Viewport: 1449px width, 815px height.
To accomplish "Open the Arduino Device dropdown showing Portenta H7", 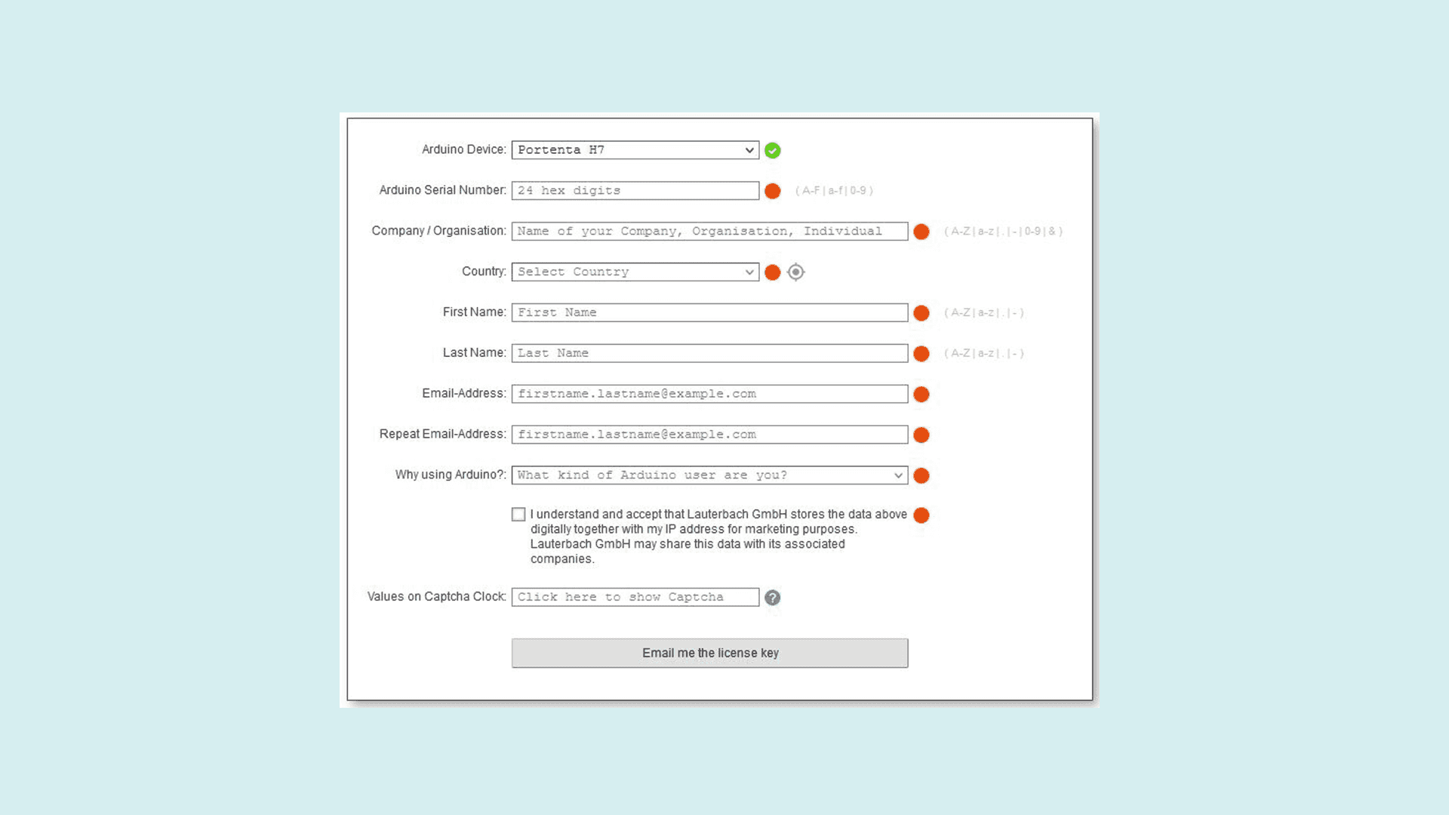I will click(635, 150).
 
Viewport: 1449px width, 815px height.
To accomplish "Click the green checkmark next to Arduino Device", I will click(772, 151).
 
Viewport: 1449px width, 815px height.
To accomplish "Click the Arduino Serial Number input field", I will click(635, 191).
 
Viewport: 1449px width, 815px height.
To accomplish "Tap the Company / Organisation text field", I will click(709, 232).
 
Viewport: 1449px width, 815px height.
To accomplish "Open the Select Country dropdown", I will click(635, 272).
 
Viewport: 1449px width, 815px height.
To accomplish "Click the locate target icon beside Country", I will click(795, 272).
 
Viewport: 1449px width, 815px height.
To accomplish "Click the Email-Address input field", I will click(709, 394).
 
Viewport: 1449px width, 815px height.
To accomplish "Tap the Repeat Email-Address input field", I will click(709, 435).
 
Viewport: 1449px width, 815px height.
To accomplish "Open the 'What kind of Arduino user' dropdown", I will click(709, 475).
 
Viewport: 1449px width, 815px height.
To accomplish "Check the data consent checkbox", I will click(518, 515).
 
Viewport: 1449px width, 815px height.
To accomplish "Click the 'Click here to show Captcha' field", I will click(635, 598).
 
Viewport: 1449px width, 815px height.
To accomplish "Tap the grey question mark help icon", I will click(772, 598).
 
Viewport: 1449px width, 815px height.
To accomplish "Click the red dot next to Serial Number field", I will click(772, 192).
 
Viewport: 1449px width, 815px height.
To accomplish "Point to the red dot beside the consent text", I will click(921, 515).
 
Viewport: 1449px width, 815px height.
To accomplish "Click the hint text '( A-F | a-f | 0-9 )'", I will click(834, 191).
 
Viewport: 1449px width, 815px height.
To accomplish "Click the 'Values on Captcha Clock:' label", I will click(436, 597).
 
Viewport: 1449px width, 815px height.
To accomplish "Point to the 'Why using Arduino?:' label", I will click(451, 475).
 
